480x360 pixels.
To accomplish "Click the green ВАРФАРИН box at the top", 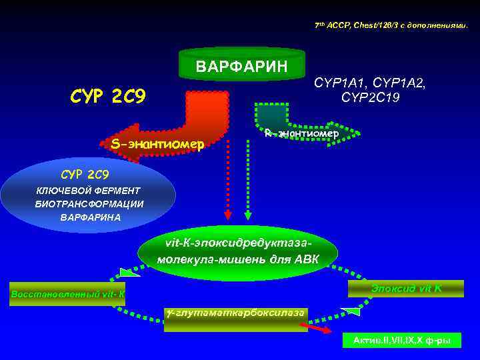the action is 241,65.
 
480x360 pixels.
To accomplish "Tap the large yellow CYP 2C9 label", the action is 108,97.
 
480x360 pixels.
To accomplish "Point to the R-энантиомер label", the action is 301,133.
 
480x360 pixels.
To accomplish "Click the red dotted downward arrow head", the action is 228,215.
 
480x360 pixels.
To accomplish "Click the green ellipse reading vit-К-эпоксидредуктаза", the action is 238,251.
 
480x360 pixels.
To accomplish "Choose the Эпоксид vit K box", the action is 406,288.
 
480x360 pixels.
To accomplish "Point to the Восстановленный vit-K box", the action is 67,294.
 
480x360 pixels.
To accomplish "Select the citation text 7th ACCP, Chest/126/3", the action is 391,25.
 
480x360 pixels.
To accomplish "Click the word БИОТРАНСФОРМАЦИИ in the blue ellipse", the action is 89,204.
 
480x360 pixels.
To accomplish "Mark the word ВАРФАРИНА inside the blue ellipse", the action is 91,217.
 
